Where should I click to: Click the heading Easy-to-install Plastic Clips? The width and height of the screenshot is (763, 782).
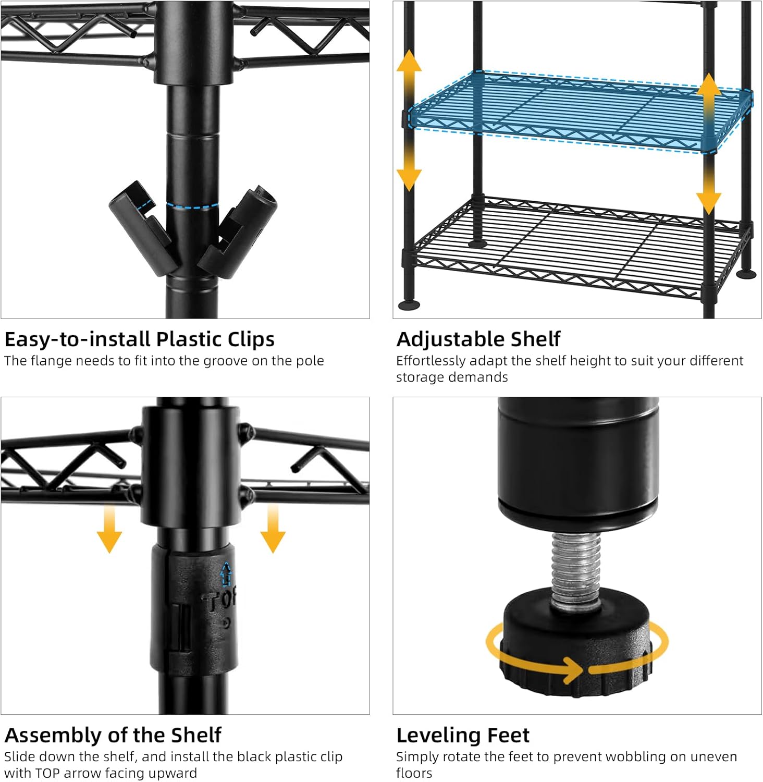pyautogui.click(x=139, y=339)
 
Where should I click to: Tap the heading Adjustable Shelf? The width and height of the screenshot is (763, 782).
pyautogui.click(x=478, y=339)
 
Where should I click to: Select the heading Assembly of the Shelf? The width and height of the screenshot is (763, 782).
pyautogui.click(x=113, y=735)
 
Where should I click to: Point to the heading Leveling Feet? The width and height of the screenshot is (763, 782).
pyautogui.click(x=463, y=735)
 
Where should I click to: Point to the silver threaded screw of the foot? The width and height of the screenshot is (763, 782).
pyautogui.click(x=575, y=568)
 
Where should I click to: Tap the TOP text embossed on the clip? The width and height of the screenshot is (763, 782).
pyautogui.click(x=220, y=600)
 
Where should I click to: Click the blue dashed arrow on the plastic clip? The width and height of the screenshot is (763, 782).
pyautogui.click(x=226, y=573)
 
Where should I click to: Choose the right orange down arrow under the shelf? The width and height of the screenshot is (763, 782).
pyautogui.click(x=273, y=529)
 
